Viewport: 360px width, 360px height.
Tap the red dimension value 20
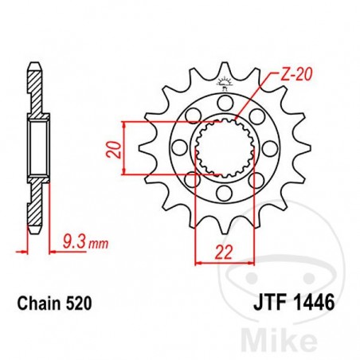[x=115, y=148]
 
